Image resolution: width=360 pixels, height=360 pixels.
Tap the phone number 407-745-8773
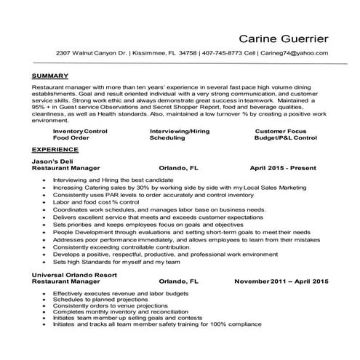click(x=225, y=54)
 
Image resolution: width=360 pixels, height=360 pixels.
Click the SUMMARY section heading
click(x=50, y=76)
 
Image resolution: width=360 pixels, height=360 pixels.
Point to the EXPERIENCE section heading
click(x=55, y=147)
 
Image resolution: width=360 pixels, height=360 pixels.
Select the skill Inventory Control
click(x=80, y=130)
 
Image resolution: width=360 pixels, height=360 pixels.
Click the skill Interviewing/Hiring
click(x=179, y=130)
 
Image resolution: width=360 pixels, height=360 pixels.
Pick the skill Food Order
click(x=71, y=137)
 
